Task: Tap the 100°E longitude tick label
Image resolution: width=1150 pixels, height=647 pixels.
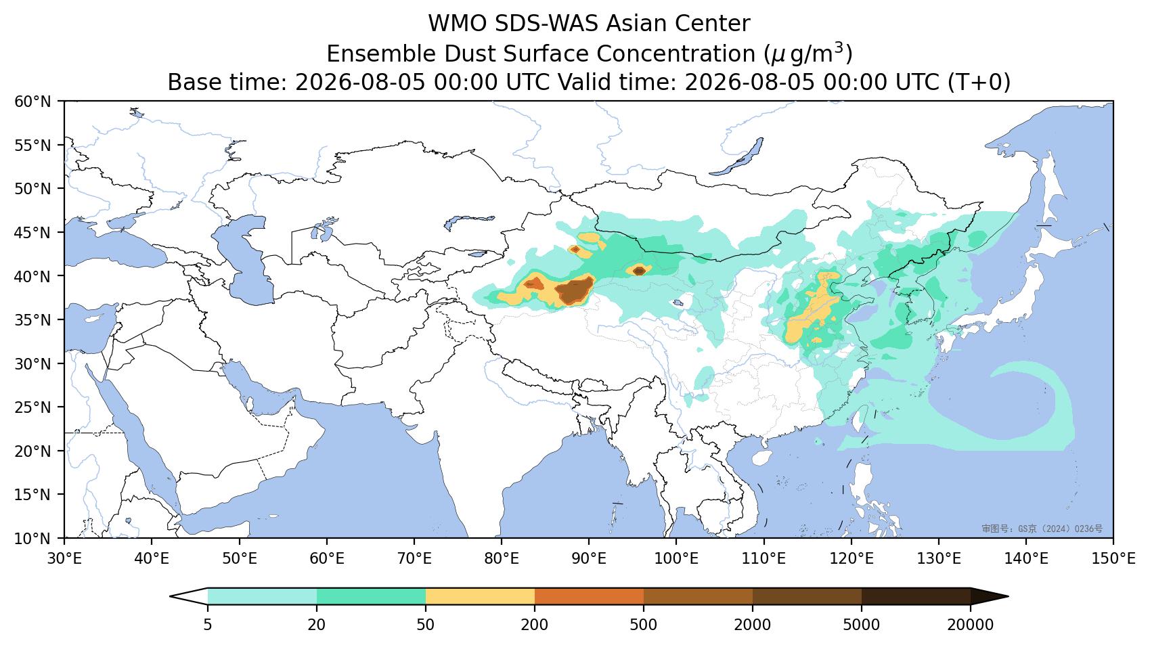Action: (x=676, y=558)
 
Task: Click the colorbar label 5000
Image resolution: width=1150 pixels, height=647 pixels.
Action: (x=862, y=625)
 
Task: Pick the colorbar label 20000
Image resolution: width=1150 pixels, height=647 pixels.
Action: (x=971, y=625)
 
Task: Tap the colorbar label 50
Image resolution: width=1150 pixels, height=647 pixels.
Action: (x=426, y=625)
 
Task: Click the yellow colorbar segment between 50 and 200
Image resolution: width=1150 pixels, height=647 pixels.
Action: (x=480, y=597)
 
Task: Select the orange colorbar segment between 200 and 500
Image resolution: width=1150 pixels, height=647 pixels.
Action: (x=590, y=597)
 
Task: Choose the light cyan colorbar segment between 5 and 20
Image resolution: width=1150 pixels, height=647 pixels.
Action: (x=263, y=597)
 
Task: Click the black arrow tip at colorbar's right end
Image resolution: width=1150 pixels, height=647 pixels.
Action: (x=1009, y=597)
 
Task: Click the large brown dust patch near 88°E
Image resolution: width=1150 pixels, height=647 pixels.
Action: (x=575, y=290)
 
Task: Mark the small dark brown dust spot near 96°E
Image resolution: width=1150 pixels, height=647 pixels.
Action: (x=639, y=271)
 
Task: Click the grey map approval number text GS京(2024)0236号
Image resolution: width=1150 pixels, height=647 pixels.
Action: (x=1042, y=529)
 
